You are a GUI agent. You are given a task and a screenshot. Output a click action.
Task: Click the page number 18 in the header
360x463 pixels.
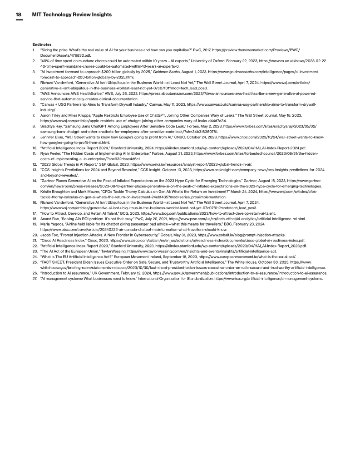(x=19, y=15)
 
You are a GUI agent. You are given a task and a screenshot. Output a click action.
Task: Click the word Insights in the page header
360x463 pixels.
(x=99, y=15)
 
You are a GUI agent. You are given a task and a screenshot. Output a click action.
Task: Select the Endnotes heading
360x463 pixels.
(x=42, y=44)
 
